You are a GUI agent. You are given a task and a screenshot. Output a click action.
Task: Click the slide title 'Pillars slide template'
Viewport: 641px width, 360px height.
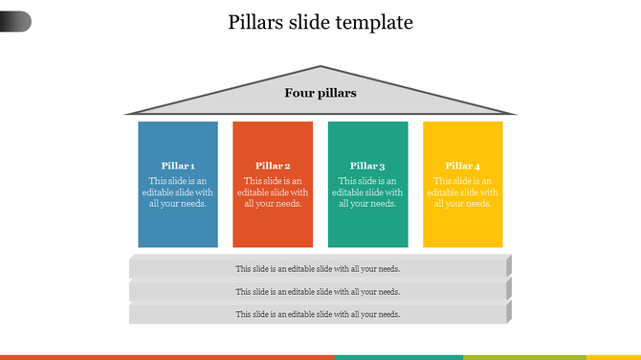[320, 22]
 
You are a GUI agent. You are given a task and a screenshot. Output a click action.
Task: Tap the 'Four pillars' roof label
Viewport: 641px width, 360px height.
[320, 93]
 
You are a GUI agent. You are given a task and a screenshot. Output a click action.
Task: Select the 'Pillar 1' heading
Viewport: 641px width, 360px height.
[178, 166]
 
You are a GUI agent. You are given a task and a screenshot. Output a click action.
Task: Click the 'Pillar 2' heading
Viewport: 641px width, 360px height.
[273, 166]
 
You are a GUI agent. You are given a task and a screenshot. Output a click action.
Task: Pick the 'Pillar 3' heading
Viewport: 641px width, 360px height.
[367, 166]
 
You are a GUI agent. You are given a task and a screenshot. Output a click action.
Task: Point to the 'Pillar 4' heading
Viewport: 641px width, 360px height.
[463, 166]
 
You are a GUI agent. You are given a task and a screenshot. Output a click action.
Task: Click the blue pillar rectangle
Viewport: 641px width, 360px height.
[178, 230]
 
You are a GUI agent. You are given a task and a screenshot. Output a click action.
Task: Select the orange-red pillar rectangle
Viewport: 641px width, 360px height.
[273, 230]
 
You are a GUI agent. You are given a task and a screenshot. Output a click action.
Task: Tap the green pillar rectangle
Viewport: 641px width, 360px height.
[367, 230]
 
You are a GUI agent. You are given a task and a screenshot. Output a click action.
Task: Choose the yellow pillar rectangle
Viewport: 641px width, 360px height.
[463, 230]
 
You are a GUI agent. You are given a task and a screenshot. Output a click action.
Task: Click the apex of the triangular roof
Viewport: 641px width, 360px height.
[320, 68]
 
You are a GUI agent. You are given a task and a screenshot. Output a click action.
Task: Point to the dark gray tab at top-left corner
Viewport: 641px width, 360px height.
[14, 21]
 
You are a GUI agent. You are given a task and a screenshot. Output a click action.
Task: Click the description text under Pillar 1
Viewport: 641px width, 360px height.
[178, 191]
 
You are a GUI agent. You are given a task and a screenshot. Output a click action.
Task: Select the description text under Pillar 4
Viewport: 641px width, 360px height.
[463, 191]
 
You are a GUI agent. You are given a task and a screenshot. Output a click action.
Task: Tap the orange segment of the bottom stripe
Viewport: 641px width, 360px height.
[167, 357]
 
